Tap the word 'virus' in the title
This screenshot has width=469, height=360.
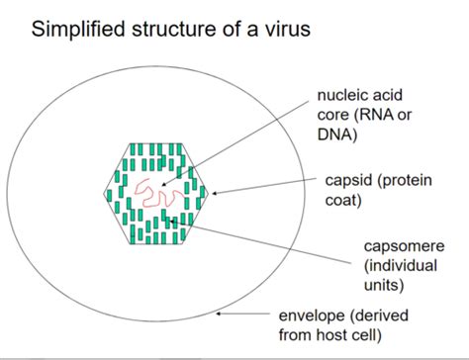coord(287,29)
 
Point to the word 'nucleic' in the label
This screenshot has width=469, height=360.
coord(341,96)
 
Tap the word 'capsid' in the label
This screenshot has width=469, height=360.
coord(347,181)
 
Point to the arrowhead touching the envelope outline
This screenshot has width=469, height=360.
coord(221,315)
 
